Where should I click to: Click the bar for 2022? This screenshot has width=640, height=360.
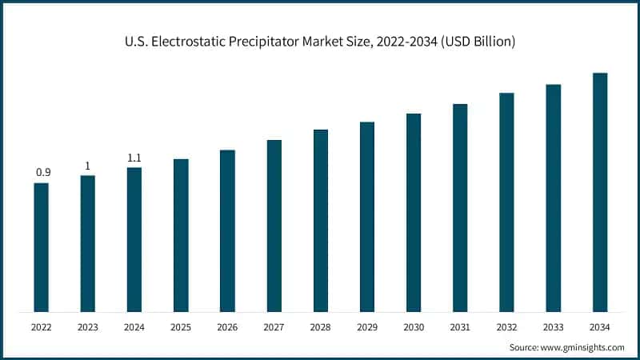[41, 247]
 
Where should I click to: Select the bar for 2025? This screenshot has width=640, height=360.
[181, 235]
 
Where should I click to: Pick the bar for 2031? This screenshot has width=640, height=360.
[460, 207]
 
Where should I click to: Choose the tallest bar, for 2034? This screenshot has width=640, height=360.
[600, 192]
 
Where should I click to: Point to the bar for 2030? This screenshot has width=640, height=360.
[414, 212]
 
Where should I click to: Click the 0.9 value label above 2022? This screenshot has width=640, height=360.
[42, 173]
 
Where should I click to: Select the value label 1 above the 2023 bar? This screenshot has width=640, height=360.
[88, 166]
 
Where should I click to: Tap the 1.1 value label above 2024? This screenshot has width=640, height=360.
[134, 158]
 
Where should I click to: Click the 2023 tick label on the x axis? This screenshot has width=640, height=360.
[88, 327]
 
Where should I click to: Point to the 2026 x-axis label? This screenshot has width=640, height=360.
[227, 327]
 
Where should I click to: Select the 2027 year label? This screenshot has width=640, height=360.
[274, 327]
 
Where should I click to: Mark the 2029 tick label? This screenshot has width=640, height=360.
[367, 327]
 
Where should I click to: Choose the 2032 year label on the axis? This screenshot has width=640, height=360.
[506, 327]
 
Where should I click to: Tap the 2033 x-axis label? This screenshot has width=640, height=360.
[554, 327]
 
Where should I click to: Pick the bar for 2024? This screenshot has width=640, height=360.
[134, 239]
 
